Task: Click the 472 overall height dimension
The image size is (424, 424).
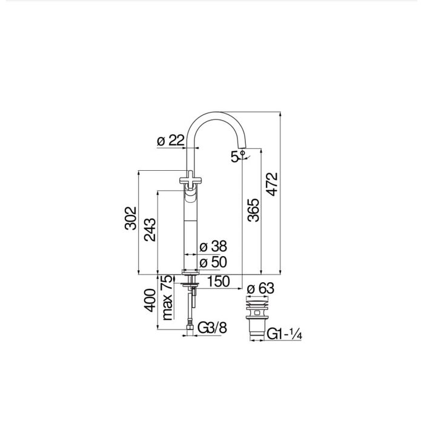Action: (272, 184)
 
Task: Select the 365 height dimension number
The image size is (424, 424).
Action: (253, 210)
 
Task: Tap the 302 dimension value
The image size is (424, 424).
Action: (131, 218)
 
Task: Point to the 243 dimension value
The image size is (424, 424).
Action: (150, 230)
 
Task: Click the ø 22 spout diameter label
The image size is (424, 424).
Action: (171, 140)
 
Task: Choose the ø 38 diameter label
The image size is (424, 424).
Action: (213, 247)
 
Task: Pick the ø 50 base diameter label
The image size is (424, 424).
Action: (213, 262)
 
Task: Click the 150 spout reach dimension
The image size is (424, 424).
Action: (218, 281)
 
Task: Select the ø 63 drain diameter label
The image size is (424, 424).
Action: (260, 288)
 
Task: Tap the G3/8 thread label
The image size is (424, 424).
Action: (212, 328)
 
